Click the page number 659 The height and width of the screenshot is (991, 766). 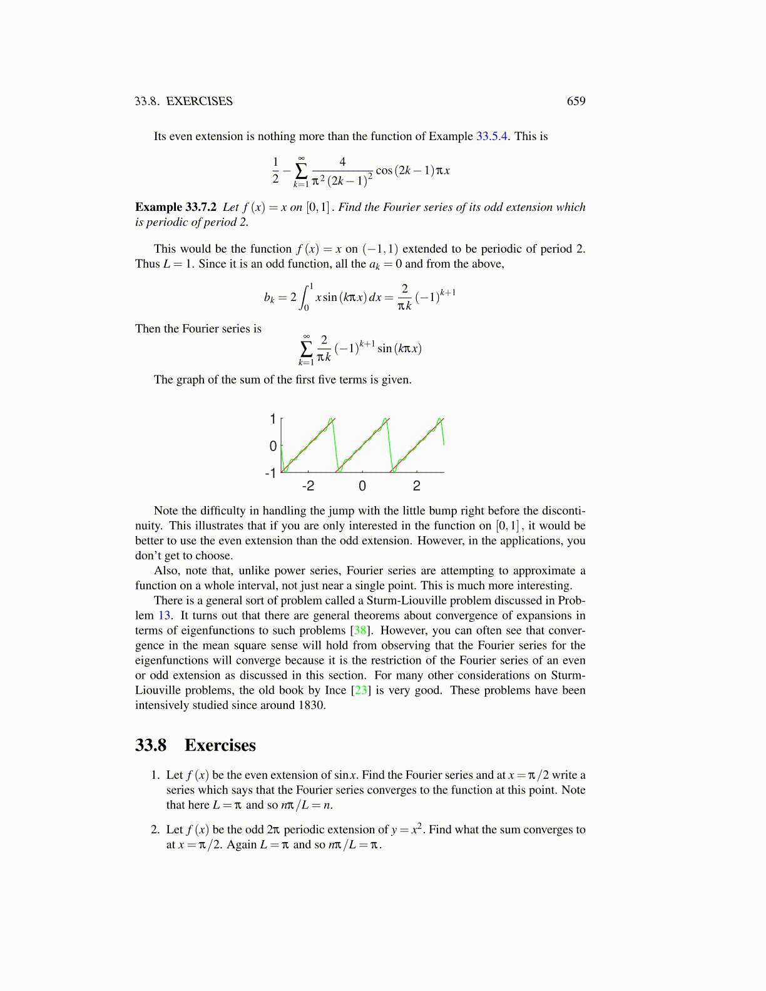coord(576,101)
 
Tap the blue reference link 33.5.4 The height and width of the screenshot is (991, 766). coord(493,136)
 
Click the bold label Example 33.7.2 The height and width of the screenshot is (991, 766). coord(176,207)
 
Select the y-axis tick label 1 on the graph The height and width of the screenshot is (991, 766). coord(273,419)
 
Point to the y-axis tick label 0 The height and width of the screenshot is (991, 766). coord(273,446)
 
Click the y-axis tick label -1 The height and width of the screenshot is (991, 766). coord(271,473)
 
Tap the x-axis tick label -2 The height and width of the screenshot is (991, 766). coord(308,486)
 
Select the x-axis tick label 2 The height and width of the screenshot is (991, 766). coord(417,486)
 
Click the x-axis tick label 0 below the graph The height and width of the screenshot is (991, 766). coord(362,486)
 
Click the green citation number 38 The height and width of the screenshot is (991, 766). coord(360,631)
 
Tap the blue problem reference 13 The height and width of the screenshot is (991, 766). coord(165,616)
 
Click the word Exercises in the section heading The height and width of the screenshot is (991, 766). coord(220,745)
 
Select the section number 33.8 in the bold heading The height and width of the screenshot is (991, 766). coord(151,745)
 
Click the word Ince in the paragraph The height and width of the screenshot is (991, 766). coord(335,690)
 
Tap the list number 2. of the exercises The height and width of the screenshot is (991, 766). coord(155,830)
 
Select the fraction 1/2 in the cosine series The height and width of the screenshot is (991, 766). coord(275,170)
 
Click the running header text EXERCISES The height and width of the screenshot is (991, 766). coord(199,101)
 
